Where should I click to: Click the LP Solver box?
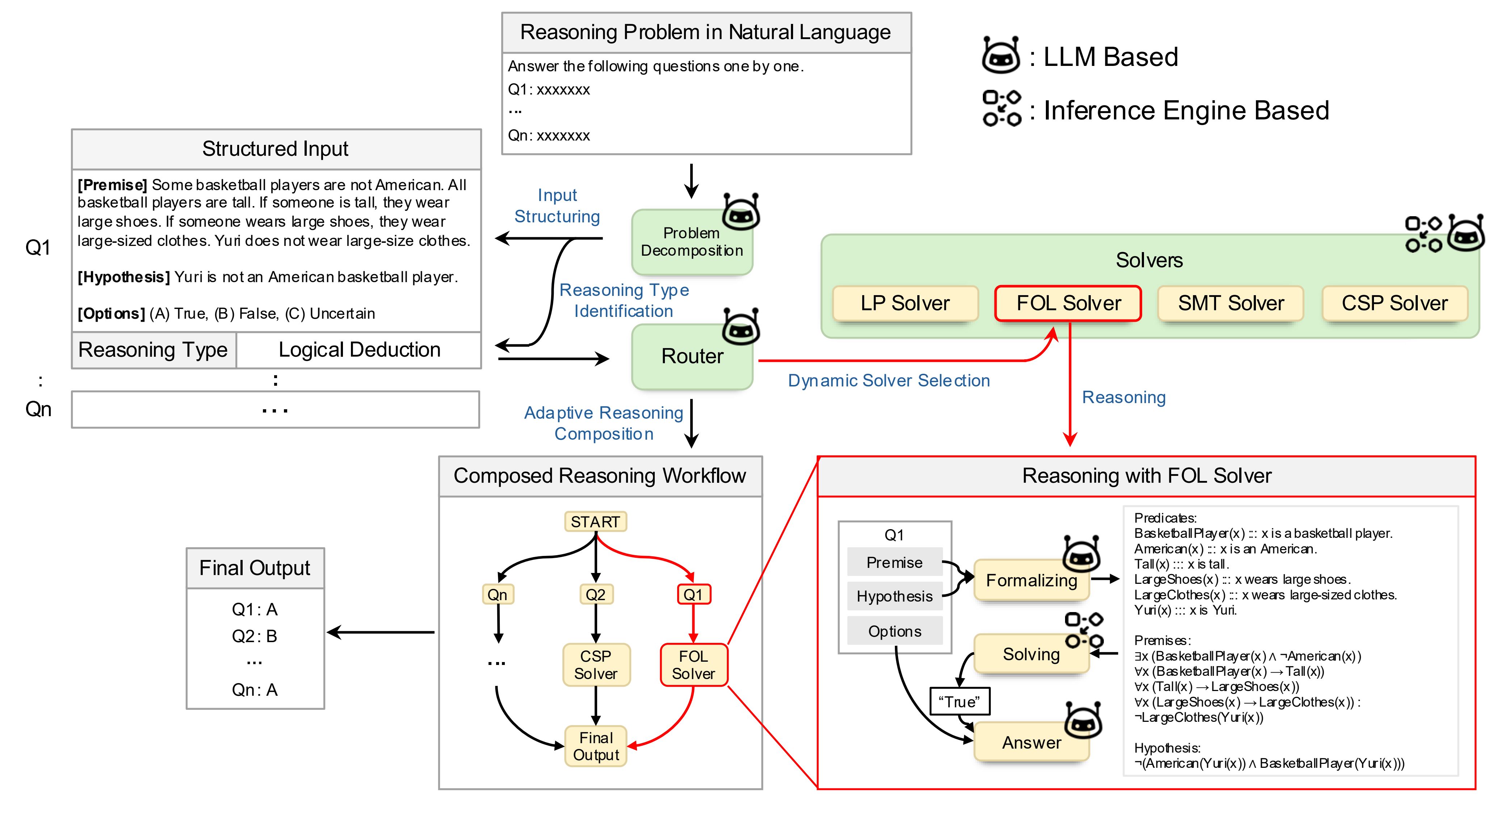905,303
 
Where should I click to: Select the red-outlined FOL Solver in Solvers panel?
1068,303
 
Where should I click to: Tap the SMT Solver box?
1231,303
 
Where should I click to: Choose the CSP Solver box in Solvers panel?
1394,303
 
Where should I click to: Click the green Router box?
692,356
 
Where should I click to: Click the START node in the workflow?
595,522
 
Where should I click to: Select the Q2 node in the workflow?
595,594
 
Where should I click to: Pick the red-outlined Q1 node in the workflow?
693,594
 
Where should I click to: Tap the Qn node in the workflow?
497,594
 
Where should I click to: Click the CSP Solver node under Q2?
596,665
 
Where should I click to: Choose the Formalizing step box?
1031,580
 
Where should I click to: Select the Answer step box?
1031,742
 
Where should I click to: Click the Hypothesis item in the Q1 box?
894,596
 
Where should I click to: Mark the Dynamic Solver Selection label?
889,381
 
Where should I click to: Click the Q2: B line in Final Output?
254,636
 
